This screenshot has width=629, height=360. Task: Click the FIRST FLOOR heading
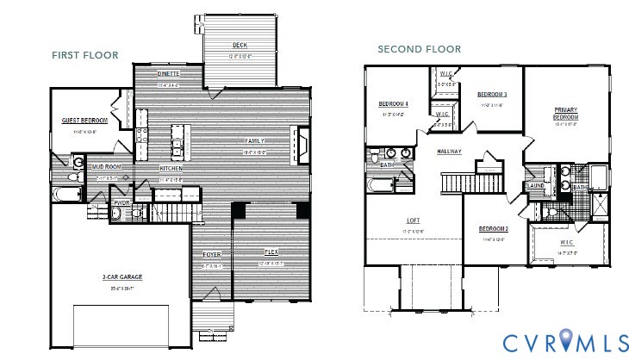tap(84, 55)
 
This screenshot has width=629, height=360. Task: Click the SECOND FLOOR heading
tap(419, 49)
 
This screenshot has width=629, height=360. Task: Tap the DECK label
tap(240, 45)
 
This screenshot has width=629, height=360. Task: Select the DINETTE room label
tap(169, 74)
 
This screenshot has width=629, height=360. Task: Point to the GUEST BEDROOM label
tap(84, 121)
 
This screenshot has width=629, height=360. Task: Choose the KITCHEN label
tap(171, 169)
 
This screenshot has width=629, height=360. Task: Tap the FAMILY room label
tap(254, 140)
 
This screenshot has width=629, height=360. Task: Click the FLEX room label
tap(271, 251)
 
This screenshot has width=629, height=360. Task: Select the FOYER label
tap(211, 255)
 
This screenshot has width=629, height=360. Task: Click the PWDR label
tap(121, 204)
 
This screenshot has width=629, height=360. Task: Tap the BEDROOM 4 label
tap(393, 104)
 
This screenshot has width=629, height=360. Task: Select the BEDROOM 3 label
tap(492, 94)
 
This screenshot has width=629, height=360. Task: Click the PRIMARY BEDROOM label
tap(565, 113)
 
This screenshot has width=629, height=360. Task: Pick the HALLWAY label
tap(449, 152)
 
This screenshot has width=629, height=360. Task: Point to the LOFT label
tap(413, 220)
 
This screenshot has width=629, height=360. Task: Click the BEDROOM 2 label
tap(493, 228)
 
